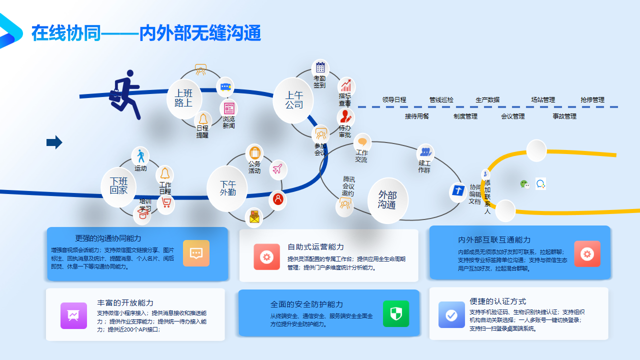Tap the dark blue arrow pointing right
54,142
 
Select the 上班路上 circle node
183,98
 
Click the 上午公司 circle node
294,100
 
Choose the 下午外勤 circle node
227,188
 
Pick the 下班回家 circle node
119,186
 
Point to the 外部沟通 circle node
387,200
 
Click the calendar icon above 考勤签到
320,67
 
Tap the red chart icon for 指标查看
345,85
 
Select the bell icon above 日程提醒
202,118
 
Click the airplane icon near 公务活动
278,168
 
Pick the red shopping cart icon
166,203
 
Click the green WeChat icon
524,184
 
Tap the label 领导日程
394,100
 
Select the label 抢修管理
592,100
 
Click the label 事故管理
564,116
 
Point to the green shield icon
395,313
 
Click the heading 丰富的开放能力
125,303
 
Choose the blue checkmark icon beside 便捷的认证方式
451,315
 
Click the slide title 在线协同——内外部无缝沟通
146,33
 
